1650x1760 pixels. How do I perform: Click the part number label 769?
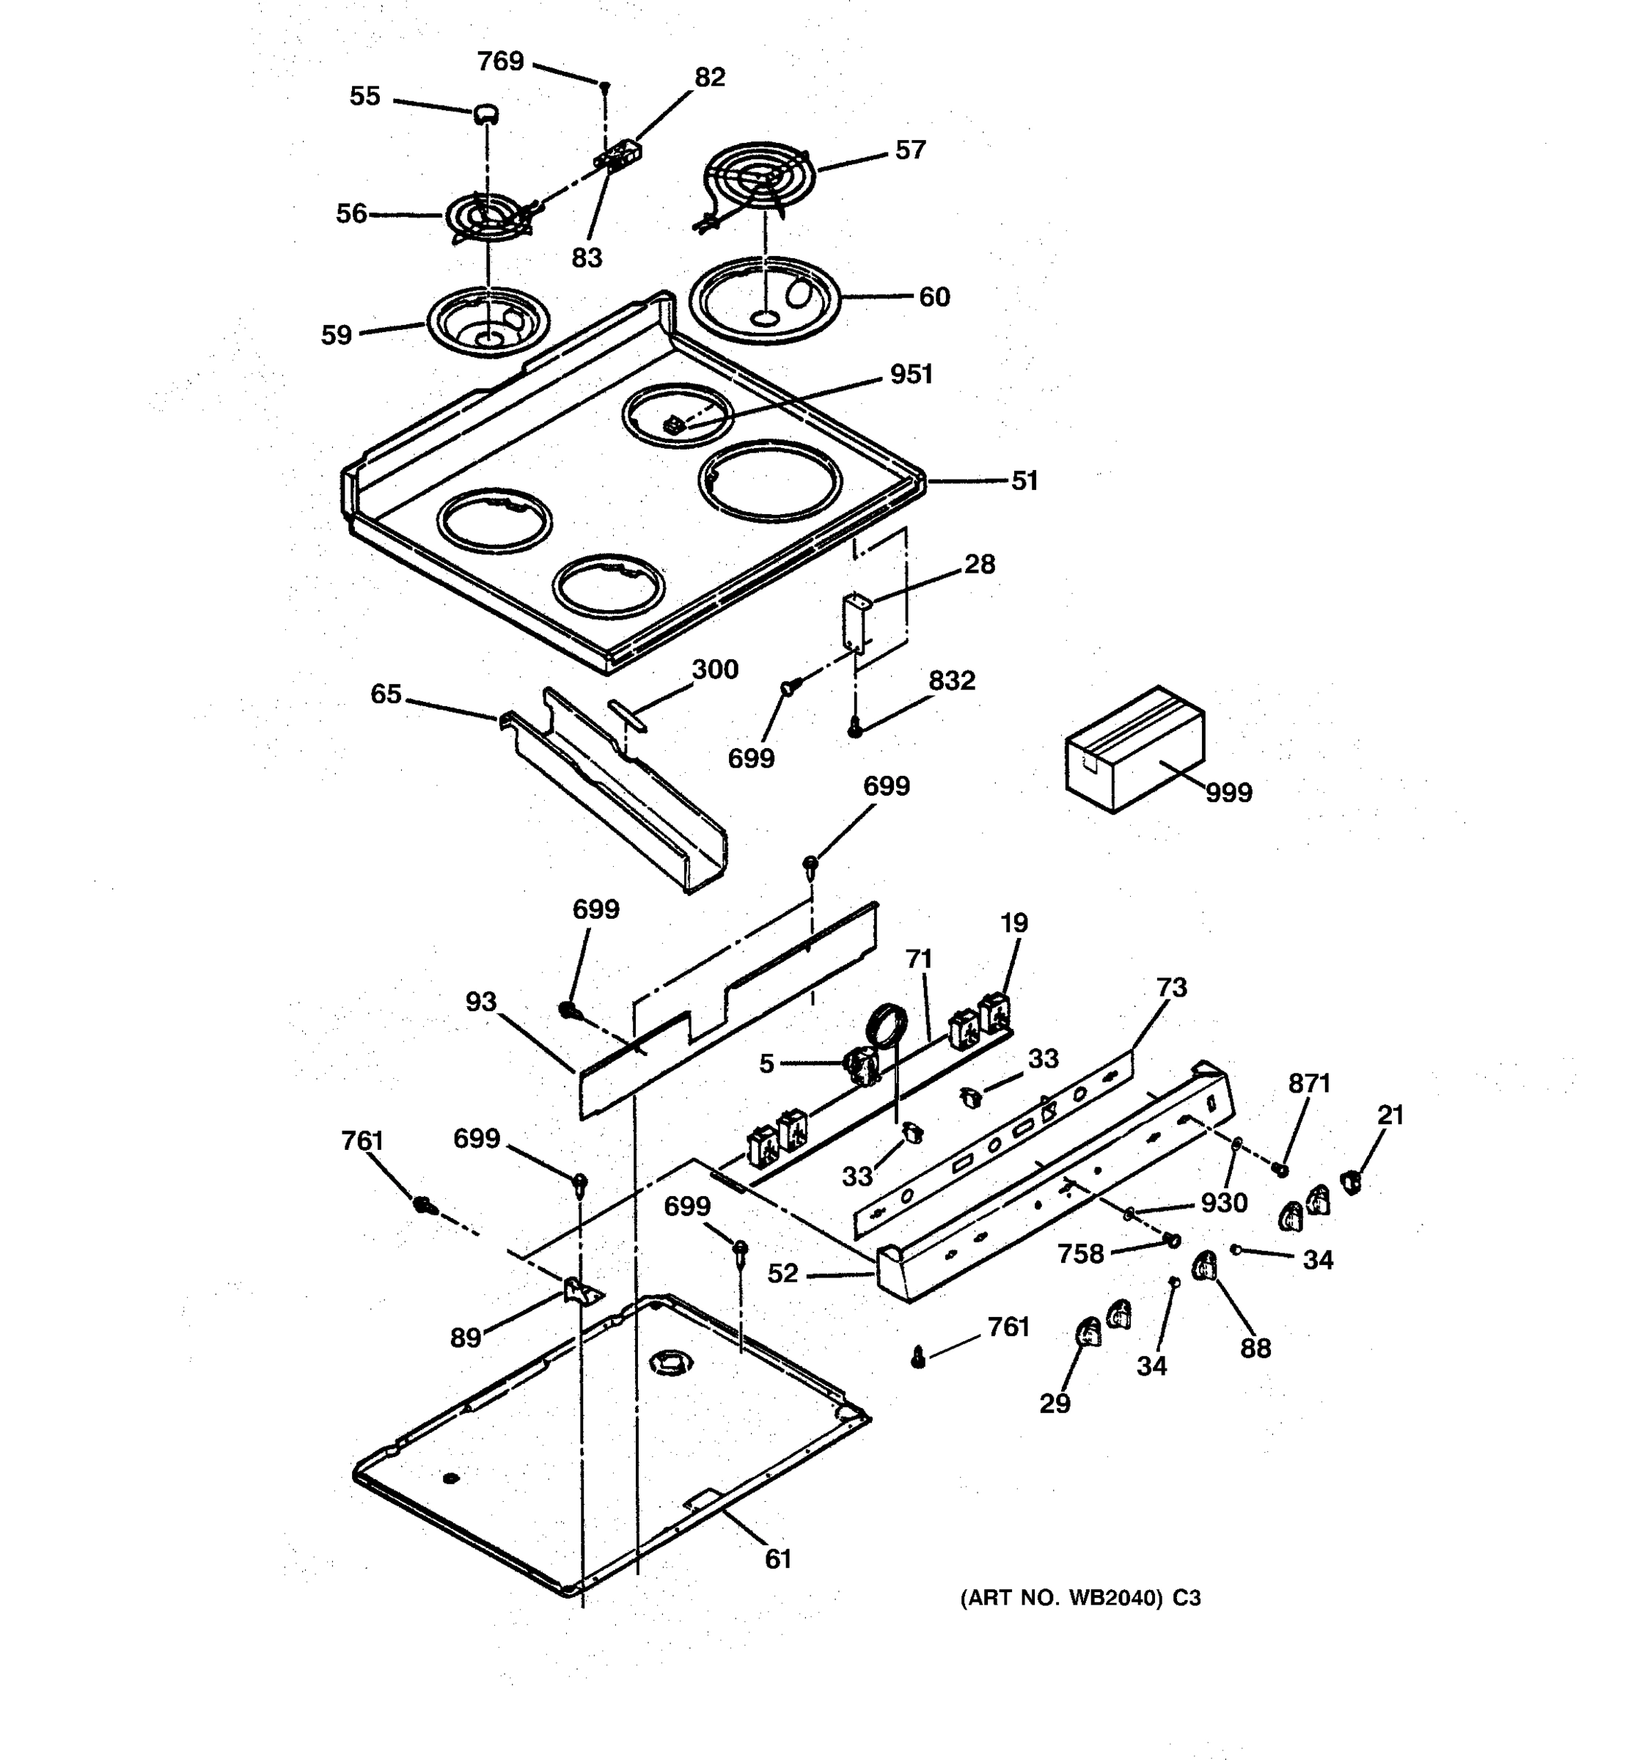[500, 61]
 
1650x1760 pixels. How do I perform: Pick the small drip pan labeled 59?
[488, 320]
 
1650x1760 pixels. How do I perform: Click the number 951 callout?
[911, 375]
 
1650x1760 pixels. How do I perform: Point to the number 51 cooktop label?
[1024, 481]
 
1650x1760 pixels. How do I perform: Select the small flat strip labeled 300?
[628, 714]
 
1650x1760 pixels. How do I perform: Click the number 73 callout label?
[1171, 987]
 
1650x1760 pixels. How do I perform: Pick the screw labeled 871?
[1279, 1170]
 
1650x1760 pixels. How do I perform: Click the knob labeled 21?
[1351, 1180]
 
